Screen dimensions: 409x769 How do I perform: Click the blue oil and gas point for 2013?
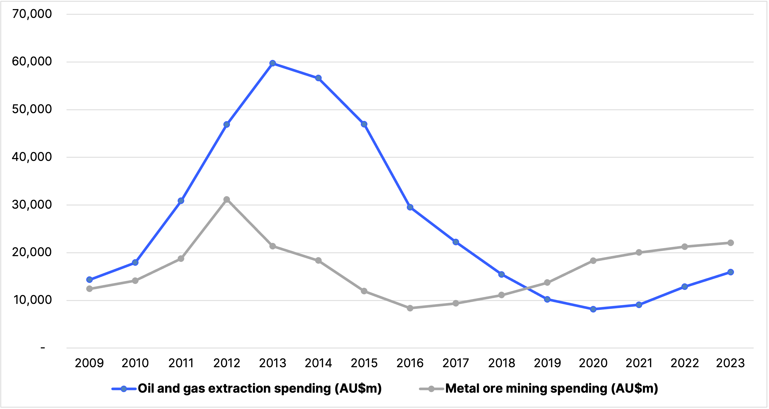pos(273,63)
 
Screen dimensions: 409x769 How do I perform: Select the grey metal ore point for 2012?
pos(227,199)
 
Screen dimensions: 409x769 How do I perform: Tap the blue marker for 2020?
pos(593,309)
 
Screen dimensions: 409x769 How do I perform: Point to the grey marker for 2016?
pos(410,308)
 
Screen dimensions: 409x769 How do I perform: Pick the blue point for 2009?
pos(89,280)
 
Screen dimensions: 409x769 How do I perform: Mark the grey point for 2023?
pos(731,243)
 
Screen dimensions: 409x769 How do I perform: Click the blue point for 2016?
pos(410,207)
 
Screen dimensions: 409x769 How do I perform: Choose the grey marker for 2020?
pos(593,261)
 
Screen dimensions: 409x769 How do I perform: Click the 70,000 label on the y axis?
pos(32,14)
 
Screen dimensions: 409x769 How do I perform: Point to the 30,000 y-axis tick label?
pos(32,204)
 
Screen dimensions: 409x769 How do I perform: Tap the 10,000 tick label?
pos(32,300)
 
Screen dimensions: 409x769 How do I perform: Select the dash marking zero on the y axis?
pos(43,347)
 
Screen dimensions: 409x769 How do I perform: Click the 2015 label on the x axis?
pos(364,363)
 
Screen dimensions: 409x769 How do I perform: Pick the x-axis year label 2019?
pos(547,363)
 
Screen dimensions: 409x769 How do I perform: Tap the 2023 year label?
pos(730,363)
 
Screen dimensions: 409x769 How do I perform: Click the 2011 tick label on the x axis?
pos(181,363)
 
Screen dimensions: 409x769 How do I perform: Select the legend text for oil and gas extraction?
pos(260,388)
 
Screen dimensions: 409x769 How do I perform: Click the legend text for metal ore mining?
pos(552,388)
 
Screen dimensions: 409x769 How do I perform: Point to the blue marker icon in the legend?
pos(124,389)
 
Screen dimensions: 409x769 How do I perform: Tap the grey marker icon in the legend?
pos(431,389)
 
